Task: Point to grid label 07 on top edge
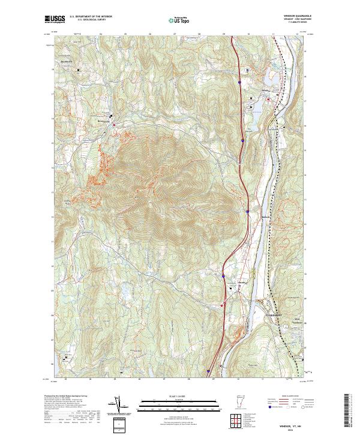point(174,35)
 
